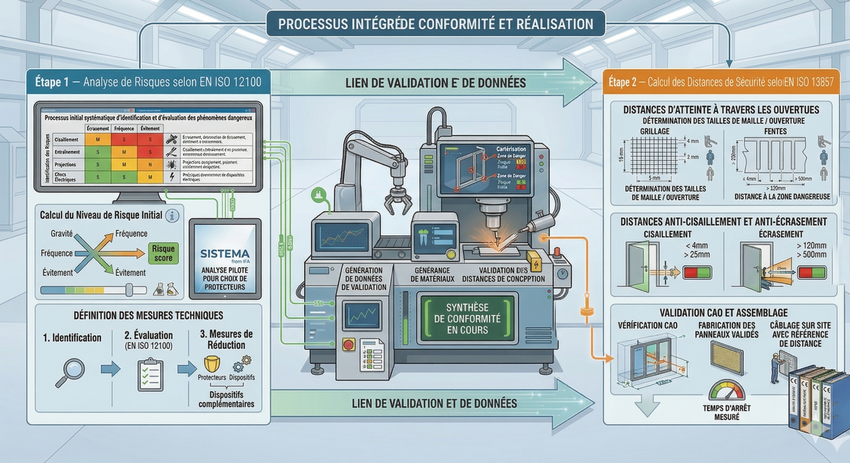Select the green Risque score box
pyautogui.click(x=163, y=253)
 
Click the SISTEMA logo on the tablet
pyautogui.click(x=225, y=254)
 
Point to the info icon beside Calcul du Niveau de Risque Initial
pyautogui.click(x=172, y=216)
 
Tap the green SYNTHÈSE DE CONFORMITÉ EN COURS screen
pyautogui.click(x=467, y=319)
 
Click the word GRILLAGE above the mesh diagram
pyautogui.click(x=655, y=131)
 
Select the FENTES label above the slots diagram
pyautogui.click(x=775, y=131)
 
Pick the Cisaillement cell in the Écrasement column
pyautogui.click(x=98, y=140)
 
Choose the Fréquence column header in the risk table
pyautogui.click(x=124, y=128)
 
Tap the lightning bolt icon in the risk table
pyautogui.click(x=172, y=177)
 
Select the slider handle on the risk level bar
pyautogui.click(x=129, y=290)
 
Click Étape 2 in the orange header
pyautogui.click(x=622, y=82)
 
